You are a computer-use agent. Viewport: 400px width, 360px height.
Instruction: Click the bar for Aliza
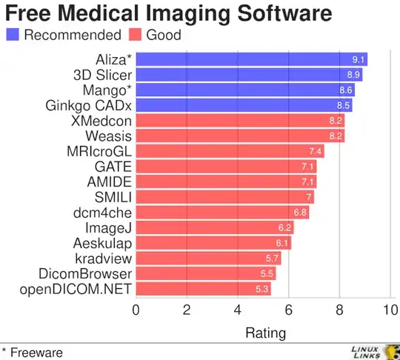point(252,60)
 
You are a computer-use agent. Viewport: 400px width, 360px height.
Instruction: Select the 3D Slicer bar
point(249,75)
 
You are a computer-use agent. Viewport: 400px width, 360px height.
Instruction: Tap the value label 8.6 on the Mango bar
point(345,90)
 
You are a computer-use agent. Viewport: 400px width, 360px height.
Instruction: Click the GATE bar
point(226,166)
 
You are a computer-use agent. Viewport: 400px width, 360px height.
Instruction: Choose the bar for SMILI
point(224,196)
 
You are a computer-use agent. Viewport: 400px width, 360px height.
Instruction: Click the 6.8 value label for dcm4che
point(300,212)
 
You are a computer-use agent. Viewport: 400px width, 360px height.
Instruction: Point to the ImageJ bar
point(214,227)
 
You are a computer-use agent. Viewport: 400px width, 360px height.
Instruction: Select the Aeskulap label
point(102,242)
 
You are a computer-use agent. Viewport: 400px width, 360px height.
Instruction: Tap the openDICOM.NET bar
point(203,288)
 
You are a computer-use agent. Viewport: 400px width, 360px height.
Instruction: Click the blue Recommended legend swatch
point(13,34)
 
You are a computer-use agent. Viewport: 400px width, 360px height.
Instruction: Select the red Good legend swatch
point(136,34)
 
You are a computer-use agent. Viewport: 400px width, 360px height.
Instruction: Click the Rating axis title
point(264,333)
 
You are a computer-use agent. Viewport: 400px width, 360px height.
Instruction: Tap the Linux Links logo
point(374,351)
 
